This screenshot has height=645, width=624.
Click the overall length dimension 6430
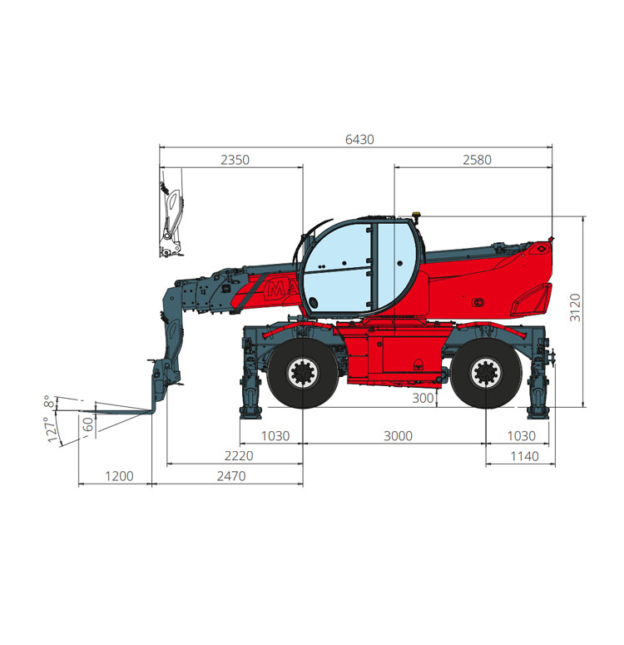point(359,140)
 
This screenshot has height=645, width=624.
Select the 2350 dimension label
point(235,160)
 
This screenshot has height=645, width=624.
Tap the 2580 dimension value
point(478,160)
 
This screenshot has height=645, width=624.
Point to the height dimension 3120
point(575,308)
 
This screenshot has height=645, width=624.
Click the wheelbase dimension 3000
point(398,435)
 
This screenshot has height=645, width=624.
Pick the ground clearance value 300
point(423,398)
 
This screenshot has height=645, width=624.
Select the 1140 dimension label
point(524,456)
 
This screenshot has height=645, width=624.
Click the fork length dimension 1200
point(119,476)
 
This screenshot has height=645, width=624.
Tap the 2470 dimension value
point(231,476)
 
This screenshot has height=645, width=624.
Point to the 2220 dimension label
point(239,456)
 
